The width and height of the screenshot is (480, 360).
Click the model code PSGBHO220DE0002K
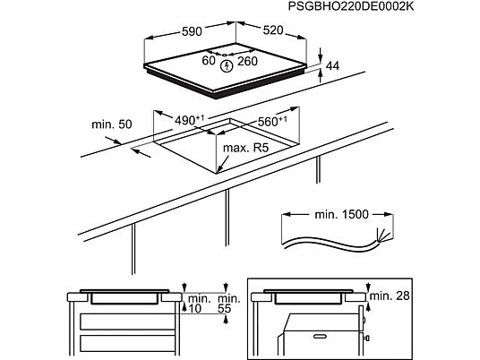[x=351, y=6]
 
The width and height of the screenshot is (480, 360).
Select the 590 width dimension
[x=192, y=31]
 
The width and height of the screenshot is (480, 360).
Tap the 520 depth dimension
[x=273, y=30]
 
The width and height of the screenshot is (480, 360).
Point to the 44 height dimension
[x=333, y=65]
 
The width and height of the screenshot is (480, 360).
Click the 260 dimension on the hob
[x=247, y=61]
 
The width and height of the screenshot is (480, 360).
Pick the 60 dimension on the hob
[x=209, y=61]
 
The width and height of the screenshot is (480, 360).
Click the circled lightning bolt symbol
[x=227, y=65]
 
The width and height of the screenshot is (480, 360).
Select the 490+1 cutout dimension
[x=190, y=120]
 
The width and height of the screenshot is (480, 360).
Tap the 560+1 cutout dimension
[x=272, y=121]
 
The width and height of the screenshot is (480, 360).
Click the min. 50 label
[x=112, y=124]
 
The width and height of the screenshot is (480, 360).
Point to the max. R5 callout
[x=245, y=148]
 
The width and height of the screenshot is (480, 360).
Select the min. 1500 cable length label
[x=341, y=214]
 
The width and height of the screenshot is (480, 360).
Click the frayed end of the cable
[x=384, y=236]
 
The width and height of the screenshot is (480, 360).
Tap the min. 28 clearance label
[x=390, y=296]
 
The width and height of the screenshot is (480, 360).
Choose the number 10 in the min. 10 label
[x=194, y=309]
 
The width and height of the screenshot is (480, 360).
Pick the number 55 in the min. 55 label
[x=224, y=309]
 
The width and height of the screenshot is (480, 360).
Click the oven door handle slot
[x=320, y=337]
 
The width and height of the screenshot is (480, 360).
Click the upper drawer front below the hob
[x=127, y=321]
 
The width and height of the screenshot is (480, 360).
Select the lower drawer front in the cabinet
[x=127, y=344]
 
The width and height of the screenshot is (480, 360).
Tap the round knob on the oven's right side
[x=367, y=339]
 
